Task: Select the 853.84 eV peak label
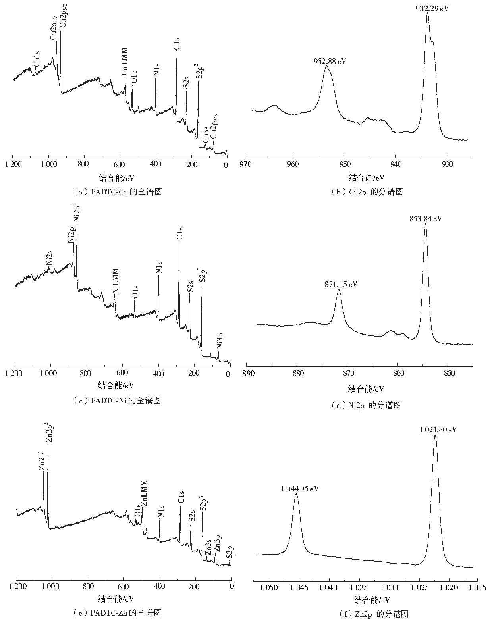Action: click(x=425, y=218)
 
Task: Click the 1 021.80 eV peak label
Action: click(x=438, y=429)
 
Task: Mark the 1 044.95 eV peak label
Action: click(x=300, y=488)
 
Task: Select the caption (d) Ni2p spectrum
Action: click(x=366, y=405)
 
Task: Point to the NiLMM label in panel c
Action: click(x=116, y=281)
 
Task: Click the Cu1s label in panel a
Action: click(x=36, y=58)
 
